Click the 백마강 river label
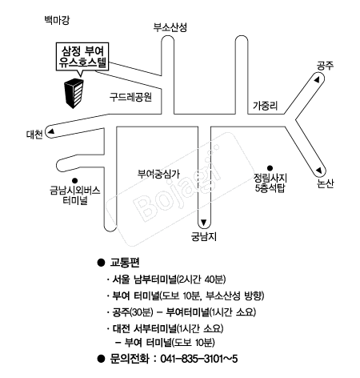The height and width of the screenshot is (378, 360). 57,20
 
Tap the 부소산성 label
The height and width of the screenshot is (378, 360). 170,27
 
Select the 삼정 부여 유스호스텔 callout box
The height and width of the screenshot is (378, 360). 82,57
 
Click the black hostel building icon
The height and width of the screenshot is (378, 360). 74,94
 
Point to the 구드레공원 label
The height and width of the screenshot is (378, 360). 130,97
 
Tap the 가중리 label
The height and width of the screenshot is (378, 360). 266,106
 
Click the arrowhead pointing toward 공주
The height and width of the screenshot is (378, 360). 317,80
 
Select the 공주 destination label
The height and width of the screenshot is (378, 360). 325,66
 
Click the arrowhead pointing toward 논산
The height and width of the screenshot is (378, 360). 319,171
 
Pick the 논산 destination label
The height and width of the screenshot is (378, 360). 326,183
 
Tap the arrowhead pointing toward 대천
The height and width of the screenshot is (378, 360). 51,131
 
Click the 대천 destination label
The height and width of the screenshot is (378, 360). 34,135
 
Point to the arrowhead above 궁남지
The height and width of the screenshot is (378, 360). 204,222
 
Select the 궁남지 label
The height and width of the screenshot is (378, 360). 204,236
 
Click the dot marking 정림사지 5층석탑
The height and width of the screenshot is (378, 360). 270,168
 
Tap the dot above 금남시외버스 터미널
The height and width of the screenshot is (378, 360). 75,181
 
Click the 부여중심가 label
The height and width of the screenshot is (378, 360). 158,174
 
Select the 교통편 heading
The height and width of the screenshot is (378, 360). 125,263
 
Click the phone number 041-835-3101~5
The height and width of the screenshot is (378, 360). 199,359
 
